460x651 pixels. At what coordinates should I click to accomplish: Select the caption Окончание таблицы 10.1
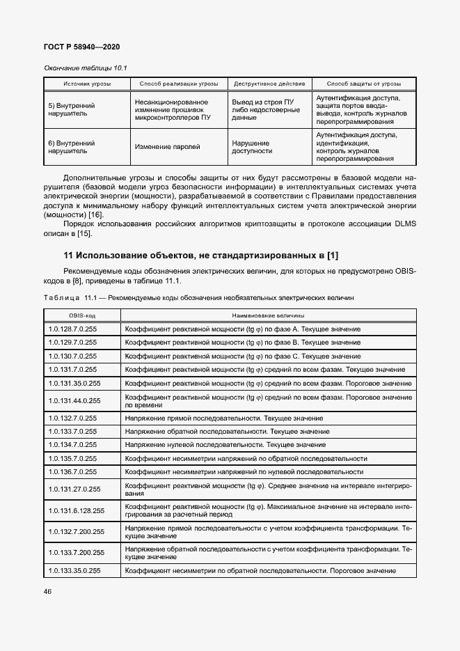click(x=87, y=68)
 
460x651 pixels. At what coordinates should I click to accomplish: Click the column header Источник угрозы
click(x=87, y=84)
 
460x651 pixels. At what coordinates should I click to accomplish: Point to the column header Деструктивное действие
click(x=269, y=84)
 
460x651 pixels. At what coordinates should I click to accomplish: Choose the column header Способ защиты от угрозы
click(x=363, y=84)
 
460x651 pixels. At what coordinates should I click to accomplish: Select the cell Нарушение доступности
click(x=251, y=147)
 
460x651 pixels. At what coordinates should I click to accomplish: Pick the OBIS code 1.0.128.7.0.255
click(x=73, y=329)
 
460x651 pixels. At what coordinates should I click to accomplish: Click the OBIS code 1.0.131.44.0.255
click(x=74, y=400)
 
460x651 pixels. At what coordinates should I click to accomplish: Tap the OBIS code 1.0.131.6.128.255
click(x=77, y=510)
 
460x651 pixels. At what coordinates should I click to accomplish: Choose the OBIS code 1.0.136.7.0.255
click(x=73, y=472)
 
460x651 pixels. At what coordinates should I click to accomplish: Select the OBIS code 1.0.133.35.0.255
click(x=74, y=570)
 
